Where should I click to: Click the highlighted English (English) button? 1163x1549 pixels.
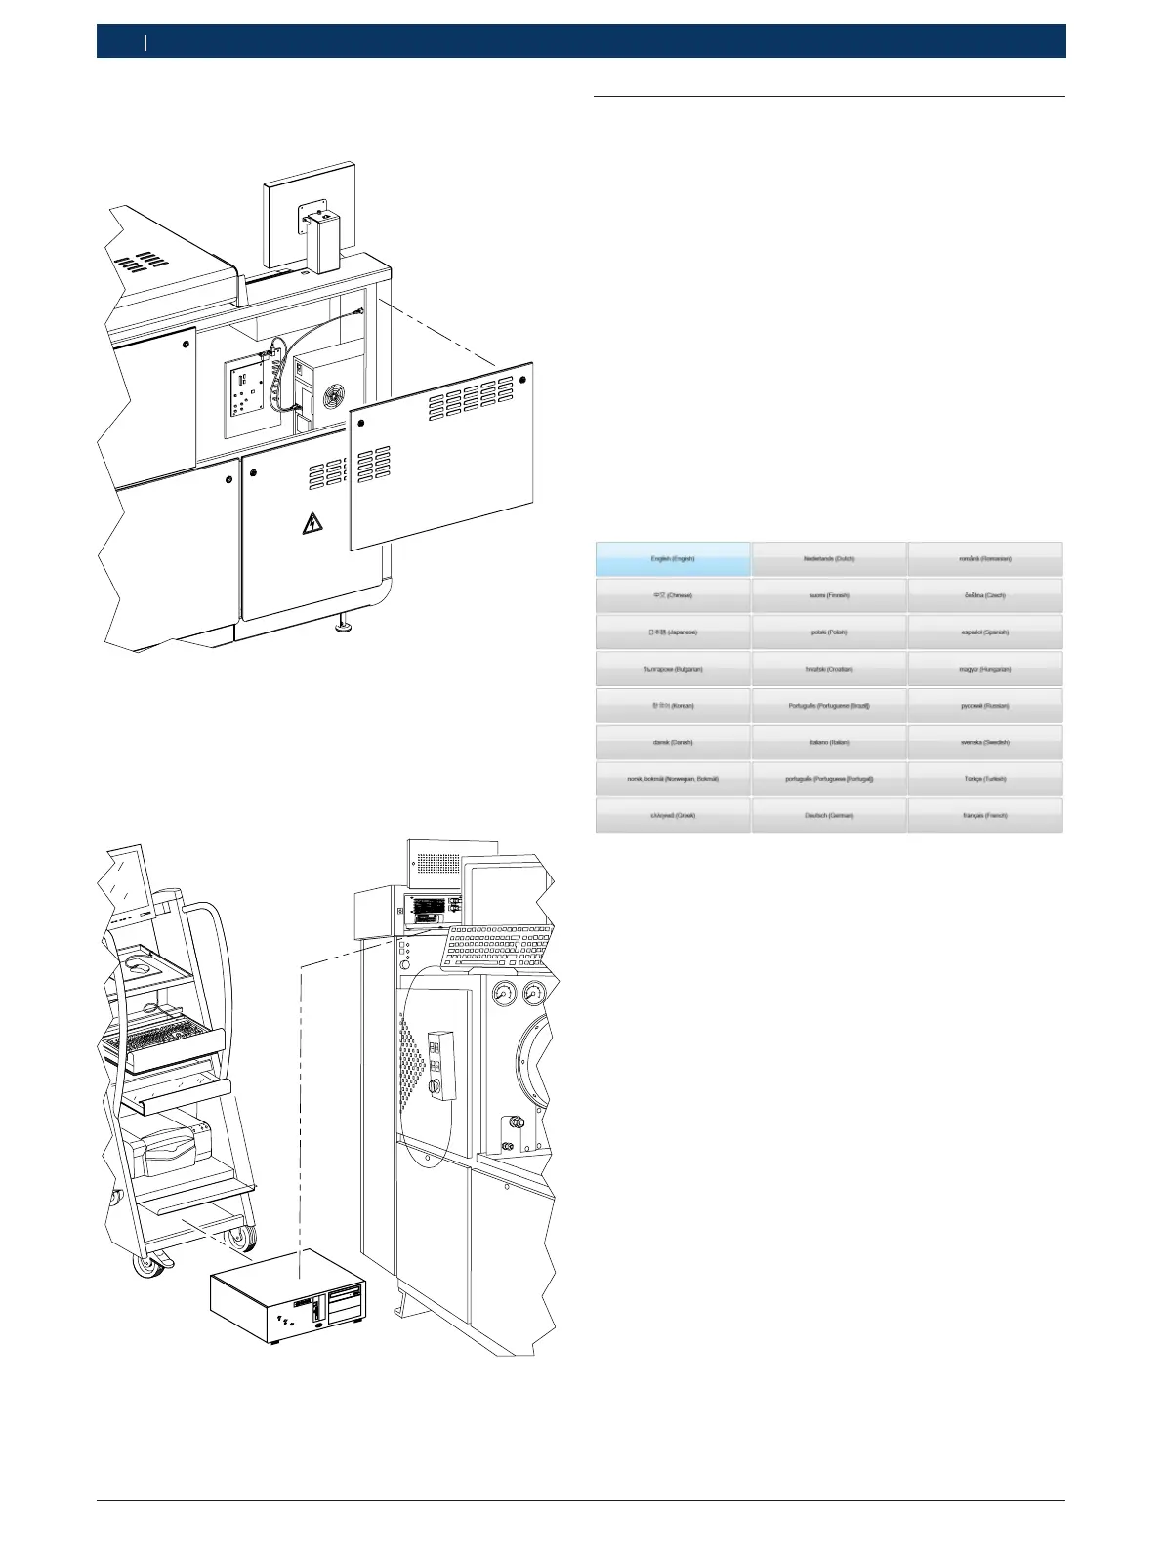tap(673, 559)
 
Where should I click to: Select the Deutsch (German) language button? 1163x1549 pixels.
tap(829, 815)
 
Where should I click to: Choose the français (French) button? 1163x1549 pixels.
tap(984, 815)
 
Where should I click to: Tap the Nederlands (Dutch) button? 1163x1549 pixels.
tap(829, 559)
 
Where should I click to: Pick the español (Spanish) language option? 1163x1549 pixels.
tap(984, 632)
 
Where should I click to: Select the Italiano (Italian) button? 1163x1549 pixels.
tap(829, 742)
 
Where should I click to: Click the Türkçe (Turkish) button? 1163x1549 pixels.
tap(984, 779)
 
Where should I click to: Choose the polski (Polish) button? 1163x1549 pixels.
tap(829, 632)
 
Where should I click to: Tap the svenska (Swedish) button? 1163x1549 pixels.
tap(984, 742)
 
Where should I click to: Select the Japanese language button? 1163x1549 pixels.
tap(673, 632)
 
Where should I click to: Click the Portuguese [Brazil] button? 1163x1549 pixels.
tap(829, 706)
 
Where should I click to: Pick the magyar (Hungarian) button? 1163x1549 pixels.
tap(984, 669)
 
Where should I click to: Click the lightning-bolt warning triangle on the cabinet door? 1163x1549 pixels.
tap(312, 524)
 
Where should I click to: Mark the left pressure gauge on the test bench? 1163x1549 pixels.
tap(505, 996)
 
